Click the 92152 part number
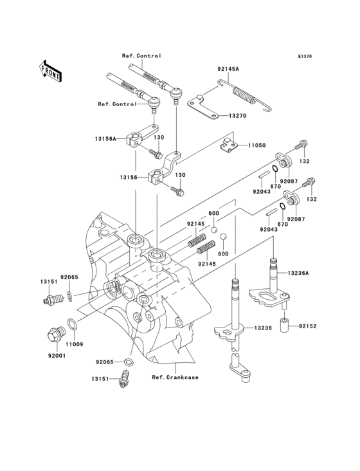click(308, 326)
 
